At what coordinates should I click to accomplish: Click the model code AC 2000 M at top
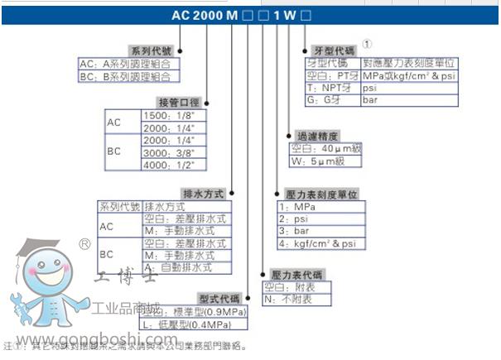pos(204,15)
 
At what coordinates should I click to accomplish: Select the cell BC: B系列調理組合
pos(128,76)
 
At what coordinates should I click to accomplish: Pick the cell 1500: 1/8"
pos(169,117)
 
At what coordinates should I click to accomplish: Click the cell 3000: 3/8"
pos(169,152)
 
